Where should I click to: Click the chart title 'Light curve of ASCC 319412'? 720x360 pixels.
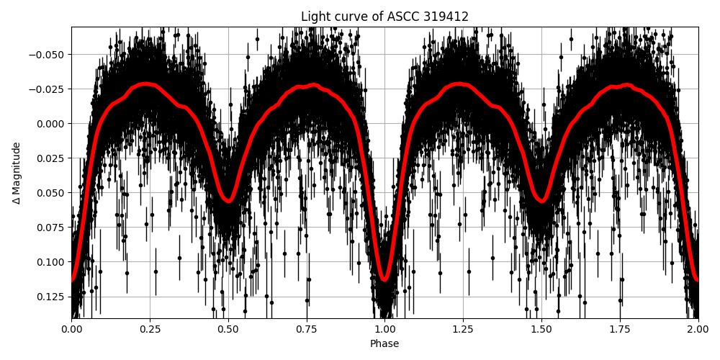384,17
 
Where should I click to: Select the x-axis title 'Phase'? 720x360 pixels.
384,344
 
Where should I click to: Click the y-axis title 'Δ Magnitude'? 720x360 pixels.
17,173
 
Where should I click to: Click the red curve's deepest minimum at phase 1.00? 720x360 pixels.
384,279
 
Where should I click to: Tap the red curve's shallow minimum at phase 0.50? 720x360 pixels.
228,200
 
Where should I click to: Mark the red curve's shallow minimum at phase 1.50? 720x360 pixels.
541,200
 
